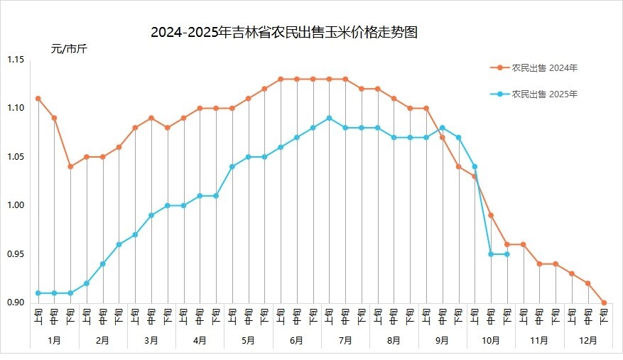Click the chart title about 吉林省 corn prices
283,33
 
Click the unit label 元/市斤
69,49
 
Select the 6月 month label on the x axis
297,341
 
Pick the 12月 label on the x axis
587,341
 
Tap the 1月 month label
54,341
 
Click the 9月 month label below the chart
442,341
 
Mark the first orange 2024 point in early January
38,99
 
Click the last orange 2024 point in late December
604,302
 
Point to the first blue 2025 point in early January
38,293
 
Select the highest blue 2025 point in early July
329,118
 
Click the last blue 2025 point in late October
506,254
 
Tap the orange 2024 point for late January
70,167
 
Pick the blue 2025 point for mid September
442,128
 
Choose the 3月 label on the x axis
151,341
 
